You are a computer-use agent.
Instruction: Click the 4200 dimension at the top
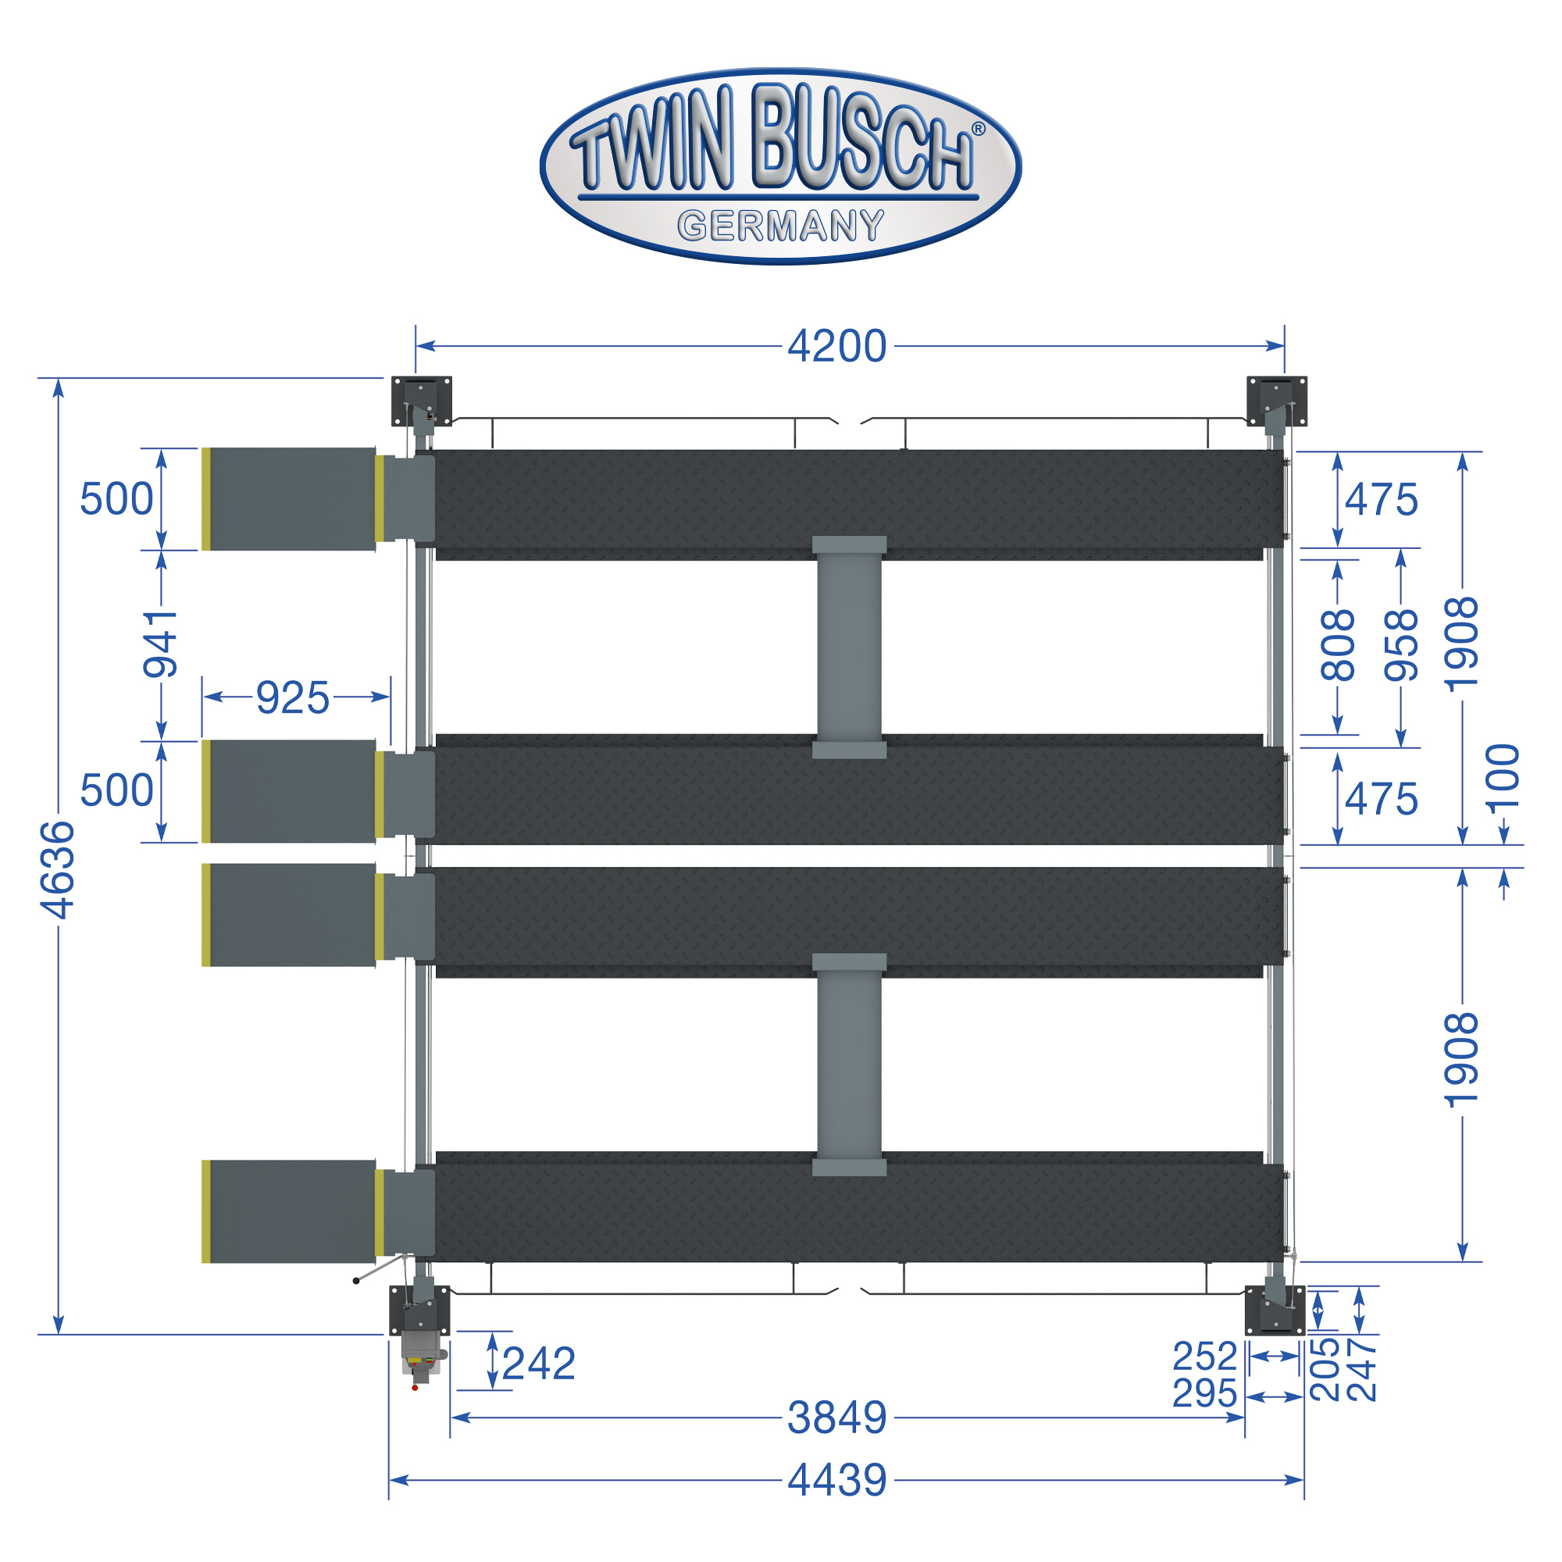[x=836, y=347]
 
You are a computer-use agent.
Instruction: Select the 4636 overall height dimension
[x=59, y=870]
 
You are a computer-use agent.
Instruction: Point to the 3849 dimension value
[x=836, y=1418]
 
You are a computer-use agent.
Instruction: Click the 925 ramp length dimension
[x=293, y=697]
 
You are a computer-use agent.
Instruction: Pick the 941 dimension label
[x=160, y=644]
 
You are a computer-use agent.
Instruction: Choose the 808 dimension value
[x=1337, y=645]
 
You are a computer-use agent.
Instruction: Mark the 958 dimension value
[x=1401, y=645]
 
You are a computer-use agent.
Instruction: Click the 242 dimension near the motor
[x=538, y=1364]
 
